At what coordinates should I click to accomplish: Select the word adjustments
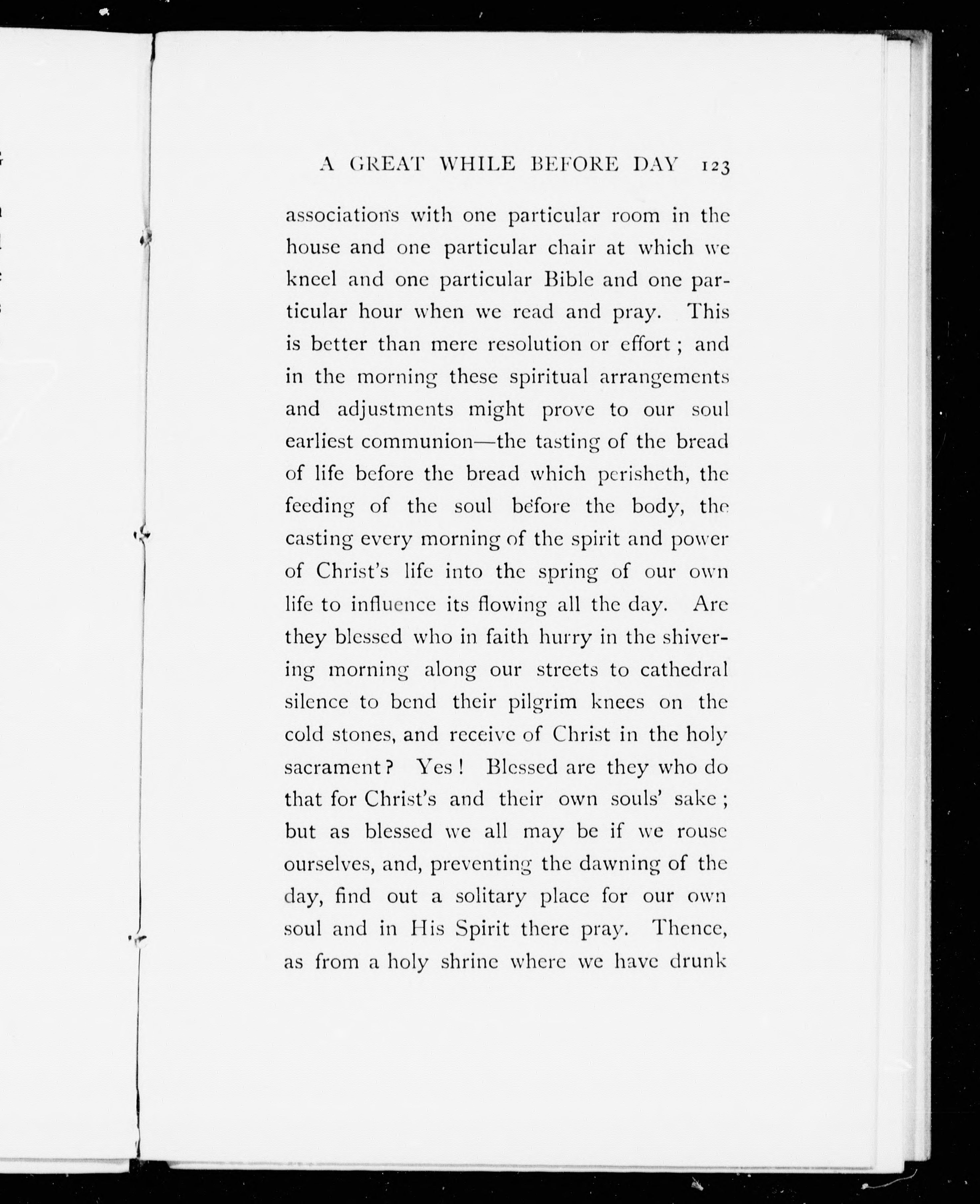pos(395,409)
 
